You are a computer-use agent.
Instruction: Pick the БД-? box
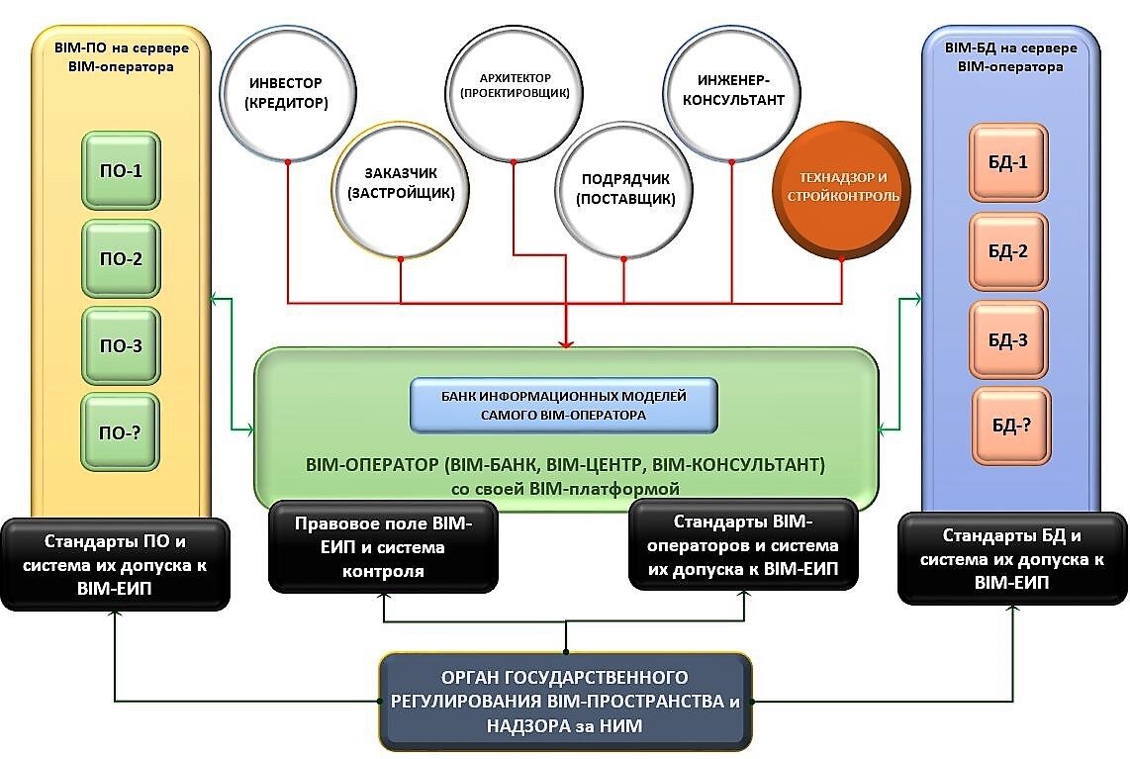click(x=1010, y=427)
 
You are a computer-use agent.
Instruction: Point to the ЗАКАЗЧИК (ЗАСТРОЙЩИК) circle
click(x=401, y=185)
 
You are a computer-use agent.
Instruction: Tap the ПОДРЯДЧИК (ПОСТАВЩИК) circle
click(x=626, y=188)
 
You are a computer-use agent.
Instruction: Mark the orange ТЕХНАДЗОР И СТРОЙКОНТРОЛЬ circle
click(x=843, y=188)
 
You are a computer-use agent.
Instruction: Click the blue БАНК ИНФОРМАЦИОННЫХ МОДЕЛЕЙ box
click(x=564, y=406)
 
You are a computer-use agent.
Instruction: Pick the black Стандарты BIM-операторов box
click(x=742, y=546)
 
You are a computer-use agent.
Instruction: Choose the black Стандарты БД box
click(x=1009, y=560)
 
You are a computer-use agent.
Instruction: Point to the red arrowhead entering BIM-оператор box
click(x=566, y=342)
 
